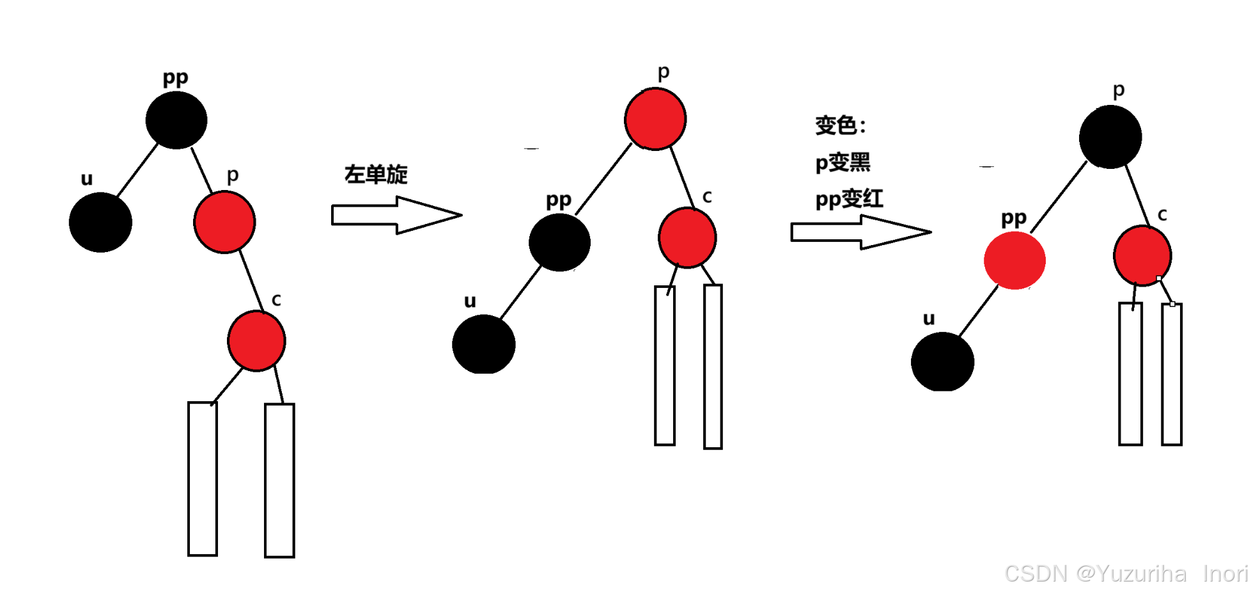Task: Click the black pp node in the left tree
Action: click(x=176, y=120)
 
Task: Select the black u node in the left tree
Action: click(x=100, y=222)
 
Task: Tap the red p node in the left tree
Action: click(x=224, y=222)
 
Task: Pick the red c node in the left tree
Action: click(x=256, y=340)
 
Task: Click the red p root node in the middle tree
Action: click(x=655, y=119)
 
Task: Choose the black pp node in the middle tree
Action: click(x=559, y=242)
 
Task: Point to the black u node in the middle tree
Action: click(x=484, y=344)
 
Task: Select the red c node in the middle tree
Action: click(x=687, y=237)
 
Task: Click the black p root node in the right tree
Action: click(x=1110, y=137)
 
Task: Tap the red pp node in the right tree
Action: click(x=1014, y=260)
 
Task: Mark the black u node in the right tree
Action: click(x=942, y=361)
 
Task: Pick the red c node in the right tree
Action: click(x=1142, y=255)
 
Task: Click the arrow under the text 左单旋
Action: click(x=396, y=215)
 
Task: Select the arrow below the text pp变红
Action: click(x=860, y=232)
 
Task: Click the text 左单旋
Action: click(x=376, y=174)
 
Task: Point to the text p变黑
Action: click(x=843, y=163)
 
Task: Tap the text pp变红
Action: click(x=849, y=199)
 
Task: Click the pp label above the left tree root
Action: click(x=175, y=78)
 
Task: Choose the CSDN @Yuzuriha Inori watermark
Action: click(x=1126, y=574)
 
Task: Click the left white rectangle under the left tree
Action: click(x=203, y=479)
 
